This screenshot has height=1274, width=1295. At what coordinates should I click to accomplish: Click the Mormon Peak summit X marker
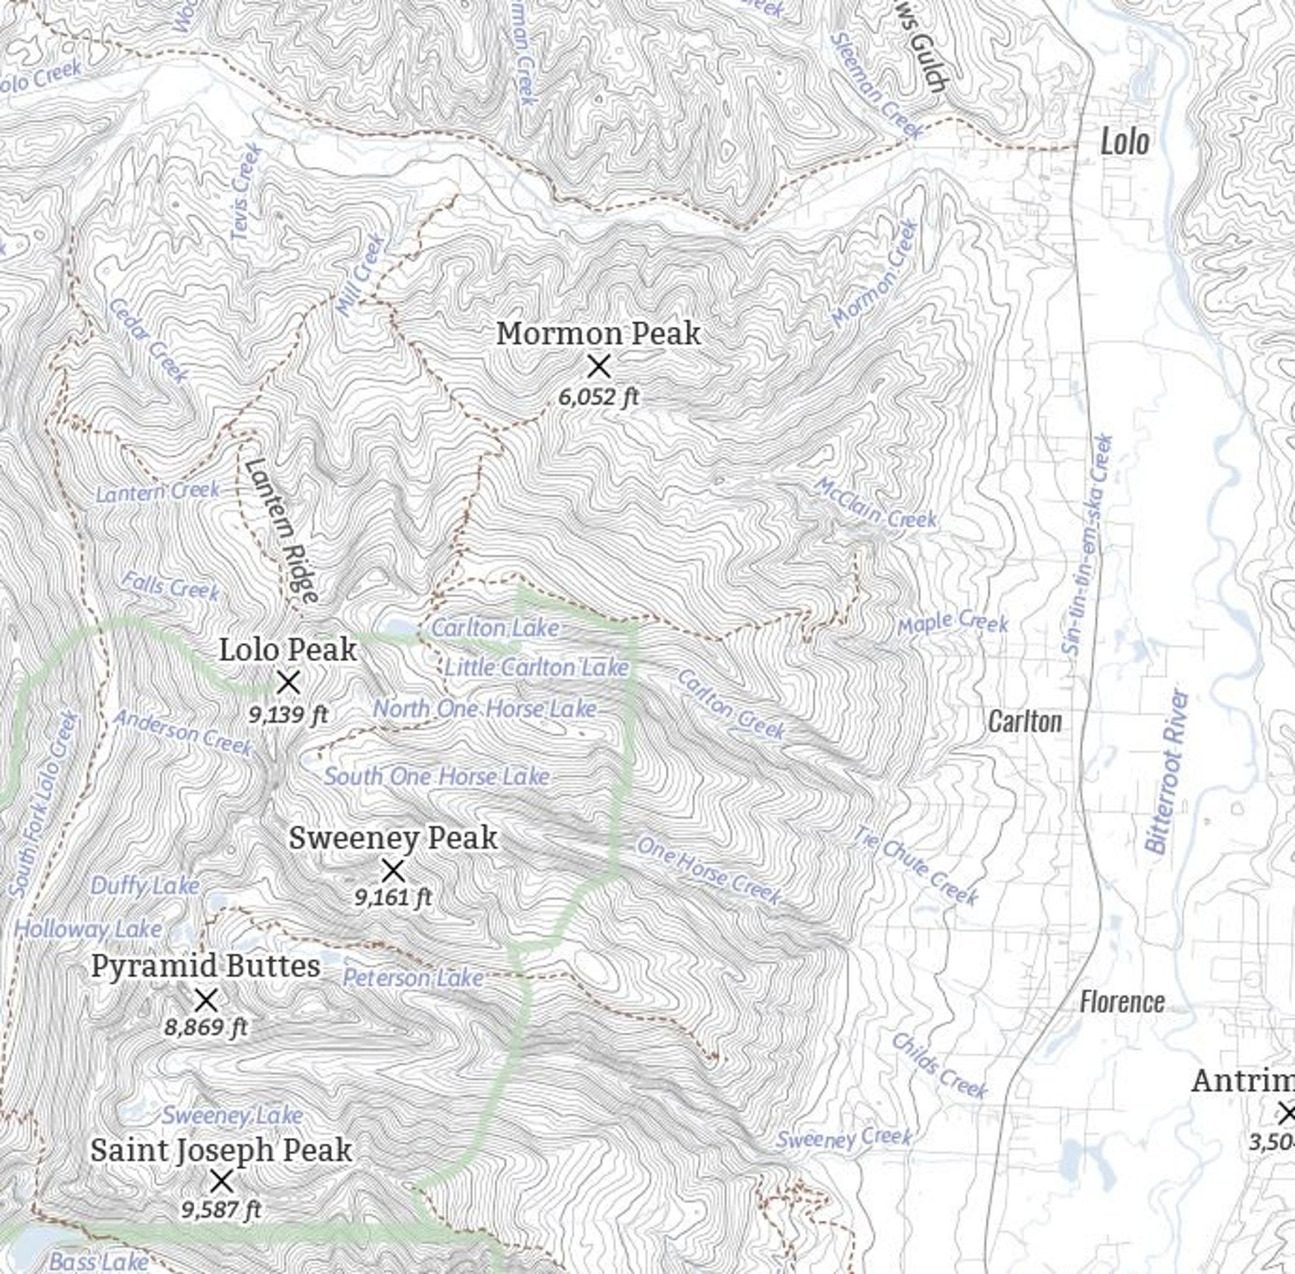[599, 367]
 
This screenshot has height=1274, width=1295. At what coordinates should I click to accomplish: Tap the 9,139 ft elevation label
[288, 715]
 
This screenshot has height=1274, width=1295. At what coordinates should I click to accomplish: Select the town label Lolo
[1125, 142]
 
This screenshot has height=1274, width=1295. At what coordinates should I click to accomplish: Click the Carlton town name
[1024, 721]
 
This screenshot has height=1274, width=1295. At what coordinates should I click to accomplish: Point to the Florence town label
[1121, 1002]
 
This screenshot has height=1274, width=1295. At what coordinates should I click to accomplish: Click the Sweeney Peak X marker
[393, 871]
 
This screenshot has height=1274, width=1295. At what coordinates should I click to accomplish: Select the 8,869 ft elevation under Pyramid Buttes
[206, 1027]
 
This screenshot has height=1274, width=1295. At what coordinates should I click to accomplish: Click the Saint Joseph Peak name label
[221, 1150]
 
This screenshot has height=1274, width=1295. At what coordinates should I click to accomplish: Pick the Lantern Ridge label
[281, 531]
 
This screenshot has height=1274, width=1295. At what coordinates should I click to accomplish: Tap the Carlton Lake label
[494, 628]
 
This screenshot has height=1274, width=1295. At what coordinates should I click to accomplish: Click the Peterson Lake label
[413, 977]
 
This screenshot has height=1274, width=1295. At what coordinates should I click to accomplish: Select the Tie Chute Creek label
[915, 866]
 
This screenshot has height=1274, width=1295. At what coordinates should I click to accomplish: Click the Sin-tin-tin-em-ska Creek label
[1088, 546]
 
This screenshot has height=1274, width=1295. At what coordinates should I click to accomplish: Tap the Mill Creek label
[360, 276]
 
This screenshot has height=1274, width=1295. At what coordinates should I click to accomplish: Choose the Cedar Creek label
[148, 341]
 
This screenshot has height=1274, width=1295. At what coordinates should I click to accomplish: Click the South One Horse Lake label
[437, 776]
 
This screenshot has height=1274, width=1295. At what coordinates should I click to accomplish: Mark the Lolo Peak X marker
[288, 682]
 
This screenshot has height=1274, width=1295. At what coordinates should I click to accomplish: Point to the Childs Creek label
[939, 1066]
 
